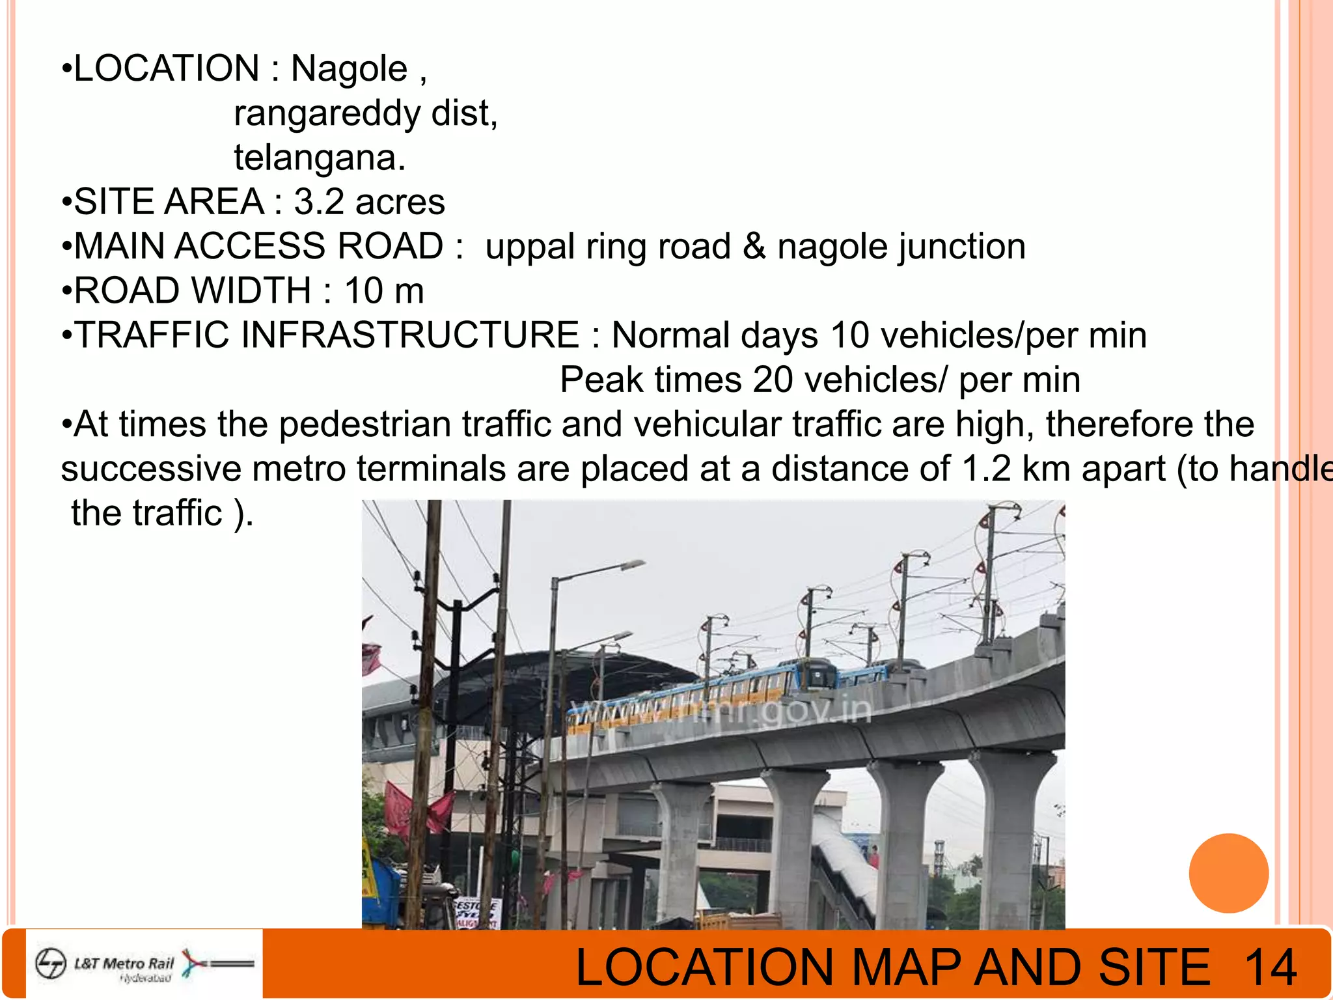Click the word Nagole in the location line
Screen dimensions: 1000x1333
coord(349,69)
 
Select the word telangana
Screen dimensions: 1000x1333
coord(319,158)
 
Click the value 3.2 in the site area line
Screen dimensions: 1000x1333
coord(319,202)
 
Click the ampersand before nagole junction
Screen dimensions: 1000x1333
coord(754,247)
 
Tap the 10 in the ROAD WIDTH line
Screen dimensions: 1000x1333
coord(363,291)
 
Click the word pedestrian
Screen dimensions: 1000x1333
coord(364,425)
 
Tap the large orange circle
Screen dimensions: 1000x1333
coord(1228,873)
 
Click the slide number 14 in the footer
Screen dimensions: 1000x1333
coord(1271,967)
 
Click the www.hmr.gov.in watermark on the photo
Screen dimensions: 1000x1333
coord(719,710)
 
